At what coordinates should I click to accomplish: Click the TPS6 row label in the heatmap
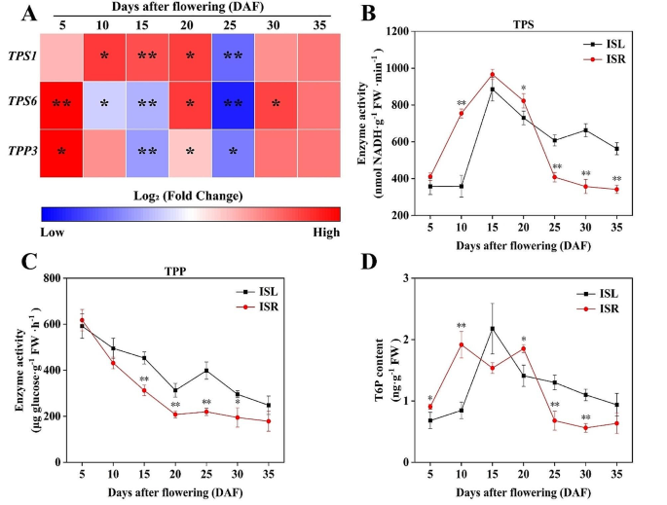point(21,105)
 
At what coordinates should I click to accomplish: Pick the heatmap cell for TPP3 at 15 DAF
point(149,153)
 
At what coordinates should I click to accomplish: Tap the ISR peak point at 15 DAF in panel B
point(493,75)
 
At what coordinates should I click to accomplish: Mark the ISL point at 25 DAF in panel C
point(234,370)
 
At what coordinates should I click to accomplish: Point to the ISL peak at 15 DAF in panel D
point(493,329)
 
